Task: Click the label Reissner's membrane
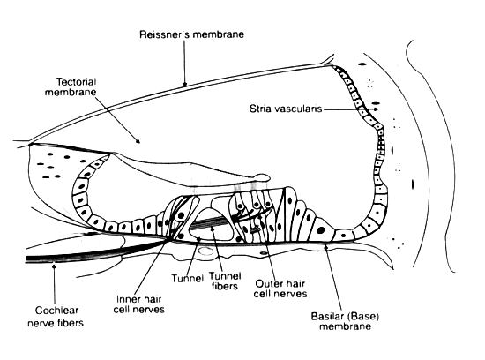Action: coord(191,34)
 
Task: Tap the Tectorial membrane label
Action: coord(71,87)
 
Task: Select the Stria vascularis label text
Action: coord(286,109)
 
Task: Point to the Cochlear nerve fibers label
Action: coord(56,317)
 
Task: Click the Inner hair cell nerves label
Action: coord(138,304)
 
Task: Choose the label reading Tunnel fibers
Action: coord(225,281)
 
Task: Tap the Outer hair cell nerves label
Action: coord(280,289)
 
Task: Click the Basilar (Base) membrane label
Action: coord(345,321)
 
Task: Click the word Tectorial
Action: coord(76,82)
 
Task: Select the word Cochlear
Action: coord(56,311)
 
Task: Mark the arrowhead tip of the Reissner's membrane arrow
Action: coord(184,86)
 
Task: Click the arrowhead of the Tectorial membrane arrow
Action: coord(139,143)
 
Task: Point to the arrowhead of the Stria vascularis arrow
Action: coord(377,109)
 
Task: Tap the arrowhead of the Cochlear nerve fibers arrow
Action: coord(55,264)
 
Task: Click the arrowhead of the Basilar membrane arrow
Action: coord(325,244)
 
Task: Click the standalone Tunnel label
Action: coord(188,279)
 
